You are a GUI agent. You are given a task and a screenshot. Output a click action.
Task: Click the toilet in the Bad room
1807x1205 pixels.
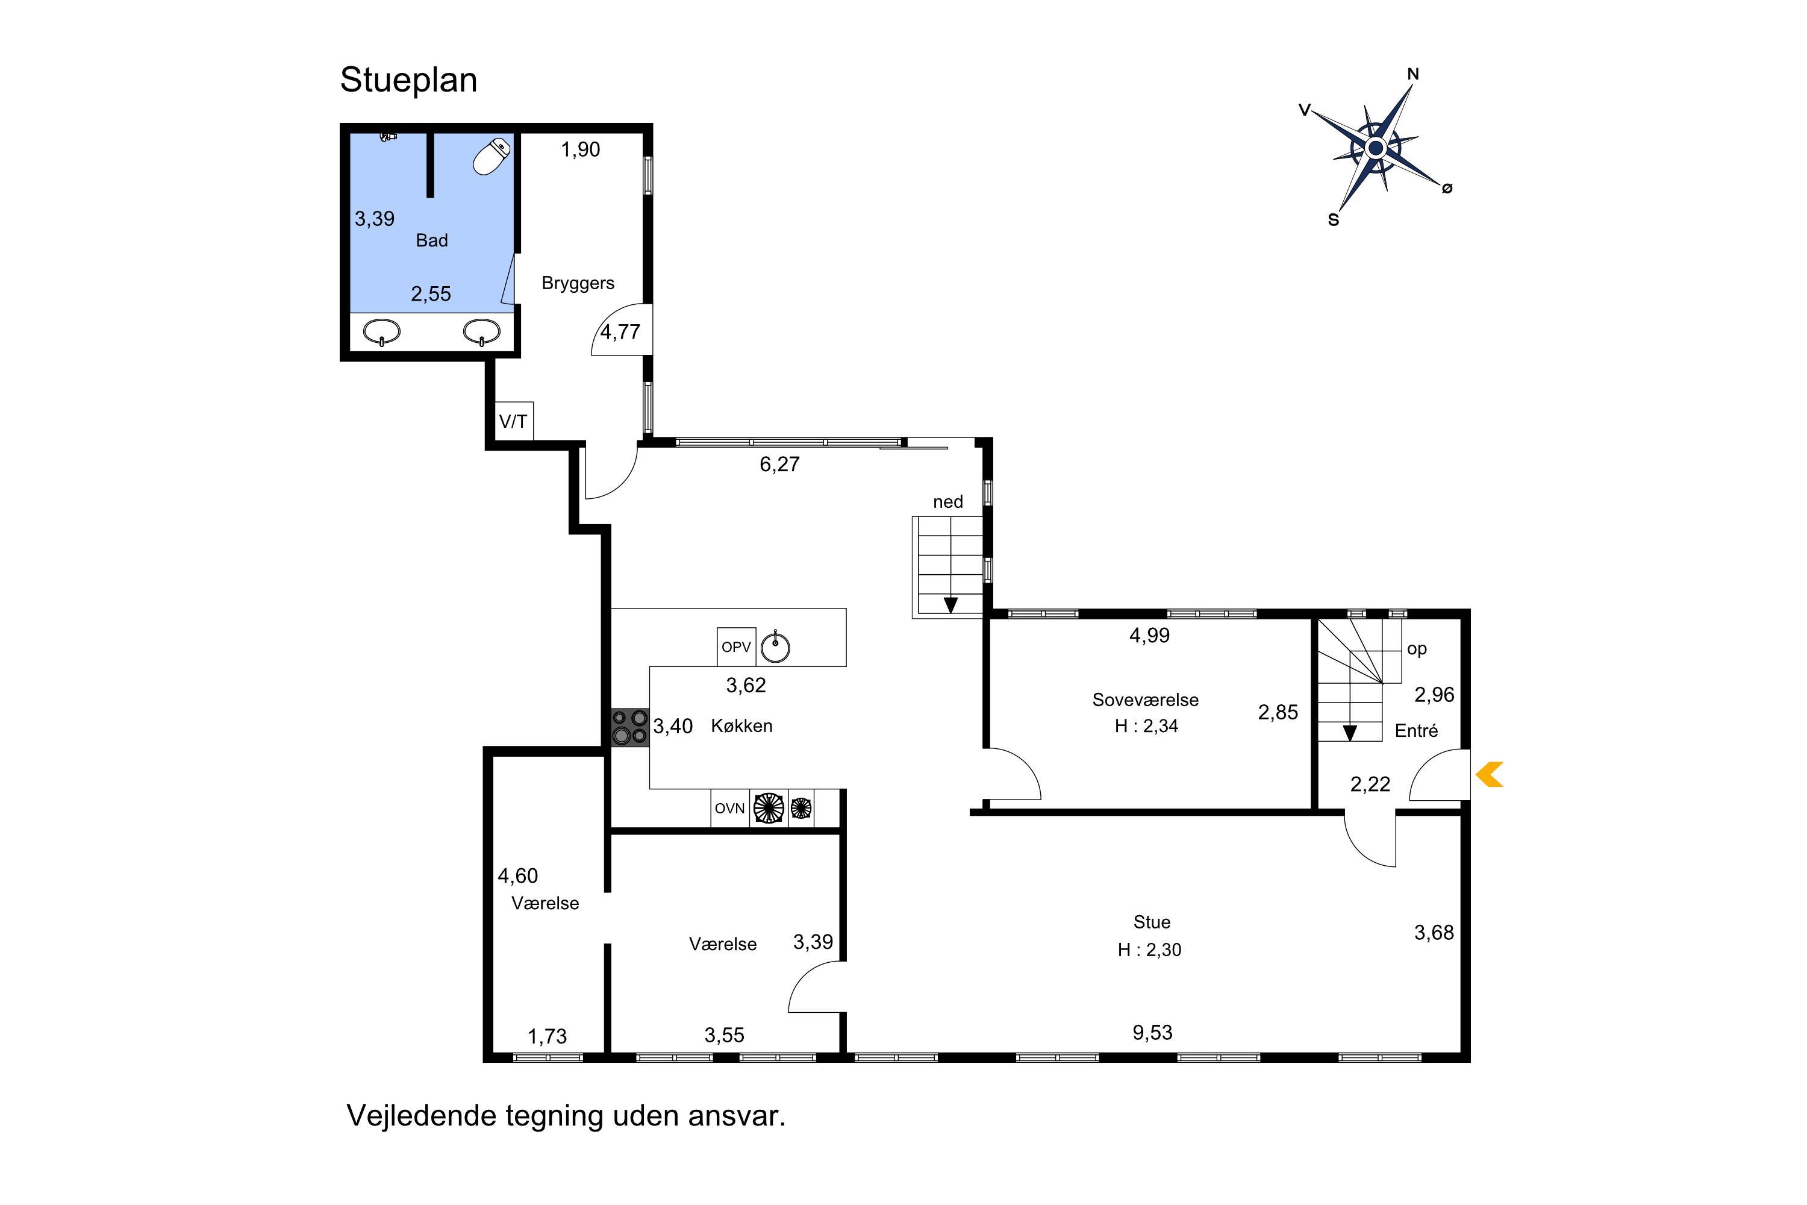492,156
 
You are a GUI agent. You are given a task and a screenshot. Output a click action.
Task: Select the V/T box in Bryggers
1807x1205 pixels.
513,421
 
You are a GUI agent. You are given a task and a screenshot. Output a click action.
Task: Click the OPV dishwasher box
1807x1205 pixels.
736,647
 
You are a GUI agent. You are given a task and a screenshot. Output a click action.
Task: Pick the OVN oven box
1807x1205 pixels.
730,809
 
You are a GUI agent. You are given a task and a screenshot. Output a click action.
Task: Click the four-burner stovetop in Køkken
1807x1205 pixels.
630,727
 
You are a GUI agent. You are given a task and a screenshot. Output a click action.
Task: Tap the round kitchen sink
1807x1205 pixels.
775,647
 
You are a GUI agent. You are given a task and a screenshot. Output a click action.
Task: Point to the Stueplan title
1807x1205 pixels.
409,80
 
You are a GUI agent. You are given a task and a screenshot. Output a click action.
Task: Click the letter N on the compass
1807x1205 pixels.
1413,75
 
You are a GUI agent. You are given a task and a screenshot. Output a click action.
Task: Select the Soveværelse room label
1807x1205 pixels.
1146,700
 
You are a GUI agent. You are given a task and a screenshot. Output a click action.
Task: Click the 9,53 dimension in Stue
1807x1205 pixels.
1152,1032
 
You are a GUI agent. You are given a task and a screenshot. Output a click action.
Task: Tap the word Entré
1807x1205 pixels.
1416,731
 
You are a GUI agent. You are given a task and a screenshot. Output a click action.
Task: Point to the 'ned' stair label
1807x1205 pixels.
948,502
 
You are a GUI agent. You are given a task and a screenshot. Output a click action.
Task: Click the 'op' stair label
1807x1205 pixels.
1417,649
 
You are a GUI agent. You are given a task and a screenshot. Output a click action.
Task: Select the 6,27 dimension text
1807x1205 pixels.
780,464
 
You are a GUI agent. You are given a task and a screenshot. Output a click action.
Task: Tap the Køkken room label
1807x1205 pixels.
741,725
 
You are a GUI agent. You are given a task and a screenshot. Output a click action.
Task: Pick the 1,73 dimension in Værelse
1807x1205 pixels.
547,1037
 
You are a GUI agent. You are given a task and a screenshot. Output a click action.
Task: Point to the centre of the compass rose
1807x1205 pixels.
1376,148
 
